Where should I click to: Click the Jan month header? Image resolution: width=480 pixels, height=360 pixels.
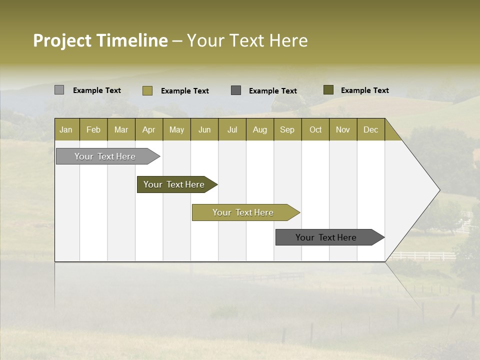[66, 129]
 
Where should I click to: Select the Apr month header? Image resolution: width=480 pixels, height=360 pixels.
[148, 129]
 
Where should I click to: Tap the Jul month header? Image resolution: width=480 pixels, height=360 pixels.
[232, 129]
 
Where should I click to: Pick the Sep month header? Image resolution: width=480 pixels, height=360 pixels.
[287, 129]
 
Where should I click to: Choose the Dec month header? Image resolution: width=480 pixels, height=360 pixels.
[370, 129]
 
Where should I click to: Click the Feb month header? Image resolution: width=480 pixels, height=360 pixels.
[93, 129]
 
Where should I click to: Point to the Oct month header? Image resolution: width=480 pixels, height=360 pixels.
[315, 129]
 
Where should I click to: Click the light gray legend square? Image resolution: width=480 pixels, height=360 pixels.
[59, 90]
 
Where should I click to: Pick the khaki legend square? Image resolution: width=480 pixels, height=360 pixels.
[147, 90]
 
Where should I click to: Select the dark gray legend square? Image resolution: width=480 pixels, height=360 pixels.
[236, 90]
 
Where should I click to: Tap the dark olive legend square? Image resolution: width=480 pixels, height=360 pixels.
[328, 90]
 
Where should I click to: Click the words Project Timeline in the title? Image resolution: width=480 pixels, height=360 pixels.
[100, 40]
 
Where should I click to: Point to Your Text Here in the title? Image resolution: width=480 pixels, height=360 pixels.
[247, 40]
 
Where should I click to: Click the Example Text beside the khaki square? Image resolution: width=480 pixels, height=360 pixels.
[184, 91]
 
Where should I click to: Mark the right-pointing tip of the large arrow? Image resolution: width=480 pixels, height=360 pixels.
[439, 190]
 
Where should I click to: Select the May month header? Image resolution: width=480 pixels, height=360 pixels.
[176, 129]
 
